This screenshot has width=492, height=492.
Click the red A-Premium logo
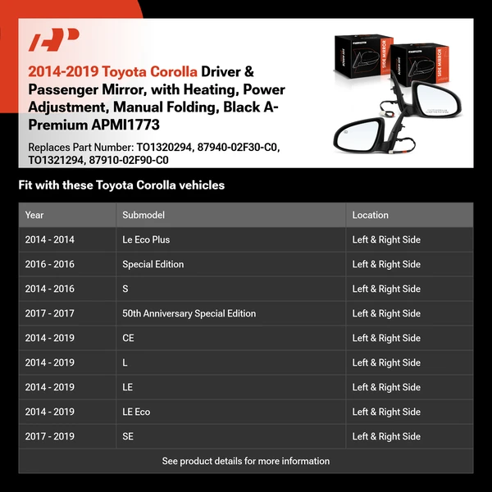pyautogui.click(x=53, y=39)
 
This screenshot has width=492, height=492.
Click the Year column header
pyautogui.click(x=34, y=215)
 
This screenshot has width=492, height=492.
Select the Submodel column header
pyautogui.click(x=143, y=215)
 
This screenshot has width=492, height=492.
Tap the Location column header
pyautogui.click(x=371, y=215)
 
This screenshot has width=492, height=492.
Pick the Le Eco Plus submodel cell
pyautogui.click(x=146, y=239)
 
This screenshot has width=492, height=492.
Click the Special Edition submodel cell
pyautogui.click(x=153, y=264)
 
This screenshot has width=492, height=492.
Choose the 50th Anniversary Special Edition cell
pyautogui.click(x=189, y=313)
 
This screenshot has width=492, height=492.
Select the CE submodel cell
pyautogui.click(x=129, y=338)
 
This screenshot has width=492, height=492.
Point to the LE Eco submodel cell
pyautogui.click(x=136, y=412)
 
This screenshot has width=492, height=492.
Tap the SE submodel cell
pyautogui.click(x=128, y=436)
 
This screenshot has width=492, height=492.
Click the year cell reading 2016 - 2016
pyautogui.click(x=50, y=264)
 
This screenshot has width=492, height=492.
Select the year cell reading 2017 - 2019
pyautogui.click(x=50, y=436)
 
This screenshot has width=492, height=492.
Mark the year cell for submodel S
pyautogui.click(x=50, y=289)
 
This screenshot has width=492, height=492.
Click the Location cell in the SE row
pyautogui.click(x=386, y=436)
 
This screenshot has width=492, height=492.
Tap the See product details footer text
pyautogui.click(x=246, y=461)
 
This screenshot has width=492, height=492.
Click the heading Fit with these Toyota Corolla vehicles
pyautogui.click(x=121, y=185)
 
